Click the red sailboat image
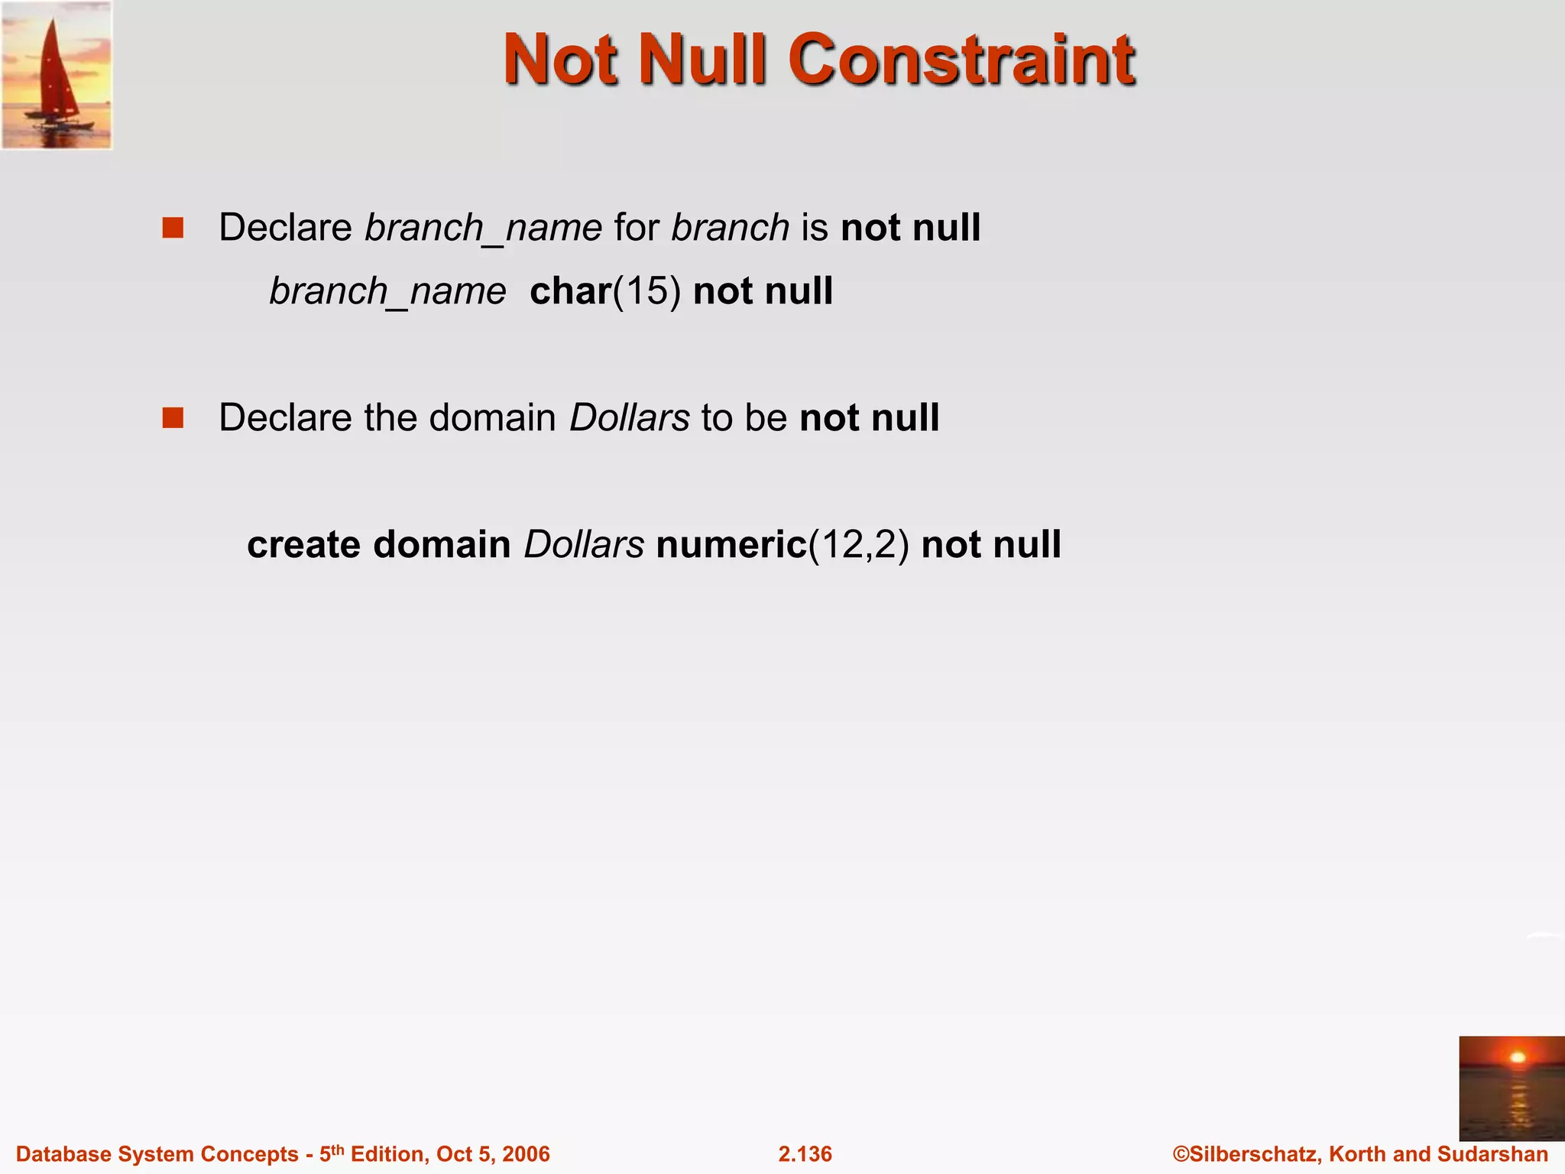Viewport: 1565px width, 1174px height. point(57,75)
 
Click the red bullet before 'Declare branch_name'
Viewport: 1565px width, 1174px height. point(173,229)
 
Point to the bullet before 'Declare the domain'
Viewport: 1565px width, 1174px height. point(173,418)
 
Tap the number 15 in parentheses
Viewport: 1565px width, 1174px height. point(646,292)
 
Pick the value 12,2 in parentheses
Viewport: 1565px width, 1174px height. point(859,545)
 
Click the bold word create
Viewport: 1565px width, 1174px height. point(303,545)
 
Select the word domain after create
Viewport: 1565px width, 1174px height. point(442,545)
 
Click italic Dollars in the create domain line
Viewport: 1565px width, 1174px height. point(584,545)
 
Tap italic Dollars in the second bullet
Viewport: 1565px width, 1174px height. point(630,418)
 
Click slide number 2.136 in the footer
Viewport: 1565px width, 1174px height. point(805,1154)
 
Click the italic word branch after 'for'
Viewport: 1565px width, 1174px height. point(730,229)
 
